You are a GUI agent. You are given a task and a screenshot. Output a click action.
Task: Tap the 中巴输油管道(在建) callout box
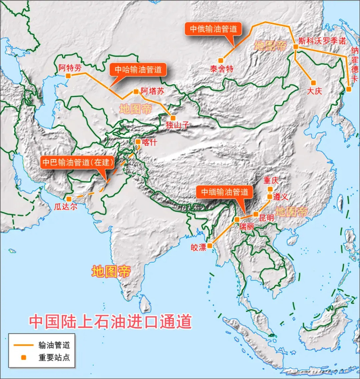point(76,163)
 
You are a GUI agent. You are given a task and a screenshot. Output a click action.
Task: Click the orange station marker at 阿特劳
point(68,77)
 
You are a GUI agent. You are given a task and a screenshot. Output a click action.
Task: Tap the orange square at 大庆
point(313,83)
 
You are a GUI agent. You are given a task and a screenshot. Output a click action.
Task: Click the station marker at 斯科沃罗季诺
point(296,47)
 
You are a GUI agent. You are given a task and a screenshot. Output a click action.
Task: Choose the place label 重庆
point(271,181)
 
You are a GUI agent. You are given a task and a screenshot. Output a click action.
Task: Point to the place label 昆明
point(266,218)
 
